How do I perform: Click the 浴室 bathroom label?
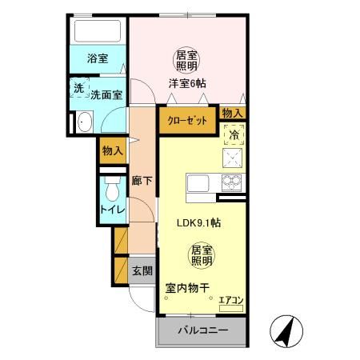point(97,58)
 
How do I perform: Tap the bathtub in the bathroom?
point(97,33)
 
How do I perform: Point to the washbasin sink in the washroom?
point(86,123)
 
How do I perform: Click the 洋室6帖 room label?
point(187,82)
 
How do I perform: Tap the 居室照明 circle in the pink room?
point(187,58)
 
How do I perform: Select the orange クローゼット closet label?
point(187,120)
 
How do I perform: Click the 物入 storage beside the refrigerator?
point(232,114)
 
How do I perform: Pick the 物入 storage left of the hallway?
point(113,150)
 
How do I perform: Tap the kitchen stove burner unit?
point(233,160)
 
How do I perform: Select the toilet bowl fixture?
point(110,192)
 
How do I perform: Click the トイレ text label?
point(110,210)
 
